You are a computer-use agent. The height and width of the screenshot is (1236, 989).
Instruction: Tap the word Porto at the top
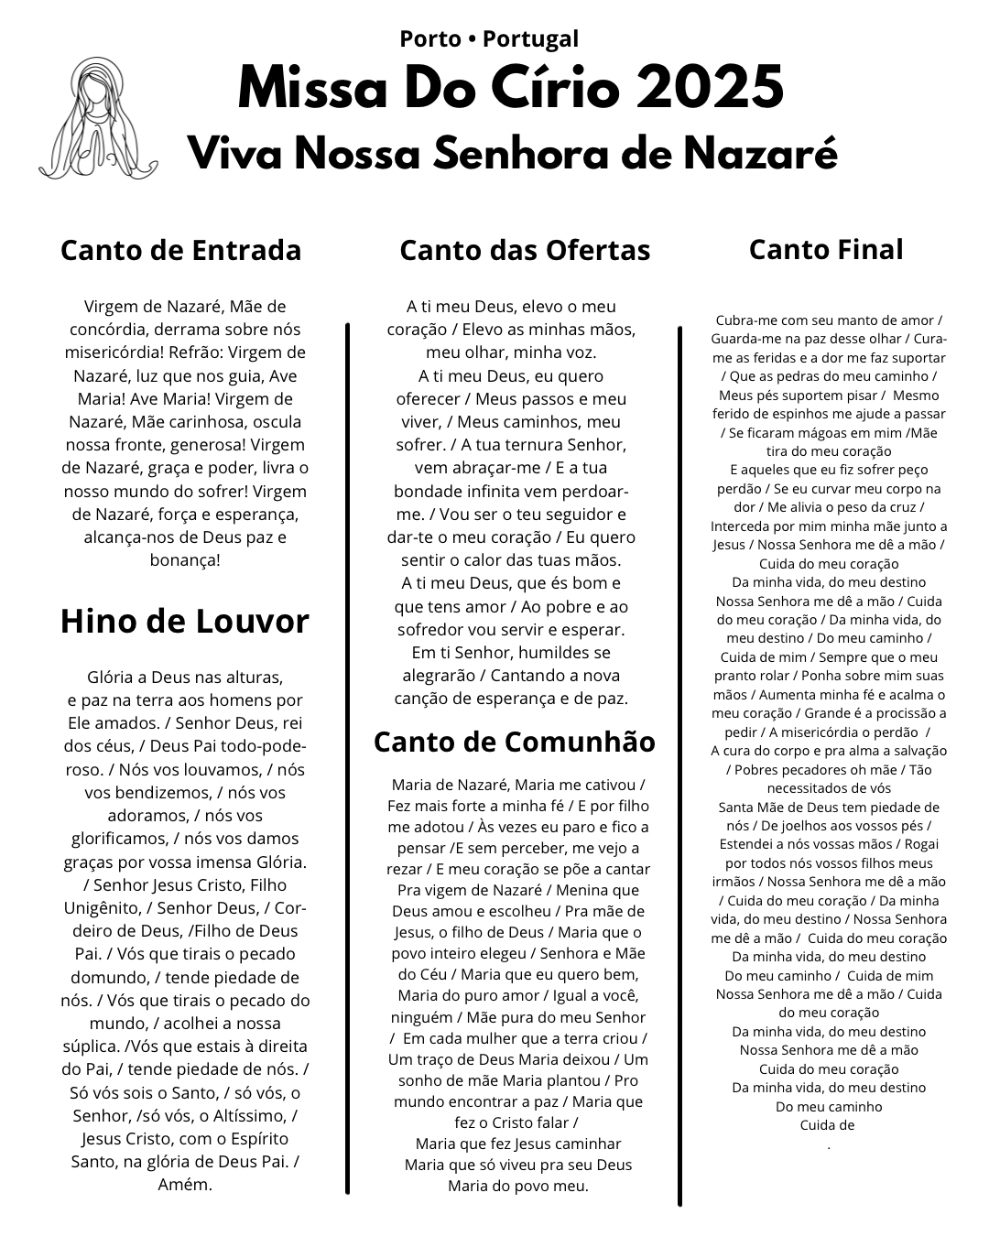click(x=429, y=38)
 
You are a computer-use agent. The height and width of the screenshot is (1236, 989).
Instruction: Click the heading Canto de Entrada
click(x=180, y=250)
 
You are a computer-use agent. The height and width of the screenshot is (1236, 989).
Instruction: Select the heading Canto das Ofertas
click(x=525, y=250)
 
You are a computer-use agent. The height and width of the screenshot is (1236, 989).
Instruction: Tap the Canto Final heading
click(x=826, y=249)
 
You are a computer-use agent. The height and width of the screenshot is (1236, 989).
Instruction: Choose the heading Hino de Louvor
click(x=185, y=621)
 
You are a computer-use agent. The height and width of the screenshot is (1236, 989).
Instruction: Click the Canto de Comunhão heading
click(x=515, y=742)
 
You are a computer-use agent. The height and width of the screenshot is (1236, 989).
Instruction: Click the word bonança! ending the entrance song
click(x=185, y=560)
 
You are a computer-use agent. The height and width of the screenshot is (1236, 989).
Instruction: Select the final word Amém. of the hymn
click(x=185, y=1185)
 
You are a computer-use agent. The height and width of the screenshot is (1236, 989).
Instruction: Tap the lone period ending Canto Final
click(x=829, y=1145)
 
